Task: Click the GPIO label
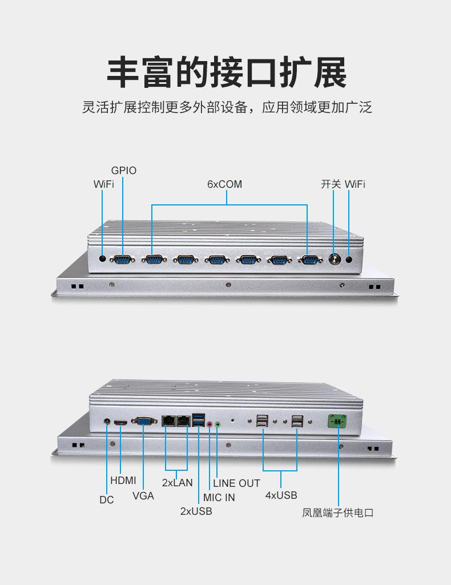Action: click(x=124, y=171)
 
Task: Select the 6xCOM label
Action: click(x=224, y=184)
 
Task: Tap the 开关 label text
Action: click(x=331, y=184)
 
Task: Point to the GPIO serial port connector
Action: click(x=122, y=260)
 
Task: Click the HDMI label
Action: click(x=123, y=481)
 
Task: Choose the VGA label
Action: click(x=143, y=495)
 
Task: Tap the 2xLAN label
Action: click(x=177, y=483)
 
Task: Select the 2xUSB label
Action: click(x=196, y=511)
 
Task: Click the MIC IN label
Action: click(x=219, y=497)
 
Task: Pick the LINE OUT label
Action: click(x=236, y=483)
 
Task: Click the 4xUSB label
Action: click(x=281, y=495)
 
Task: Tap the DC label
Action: click(x=107, y=500)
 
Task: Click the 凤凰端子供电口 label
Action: click(x=337, y=513)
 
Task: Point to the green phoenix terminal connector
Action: click(x=337, y=422)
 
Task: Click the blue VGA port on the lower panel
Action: click(x=143, y=422)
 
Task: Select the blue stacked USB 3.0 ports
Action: click(x=198, y=419)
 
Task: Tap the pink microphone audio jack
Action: click(x=210, y=424)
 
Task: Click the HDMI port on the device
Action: click(x=120, y=423)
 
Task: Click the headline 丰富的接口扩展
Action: click(x=226, y=72)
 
